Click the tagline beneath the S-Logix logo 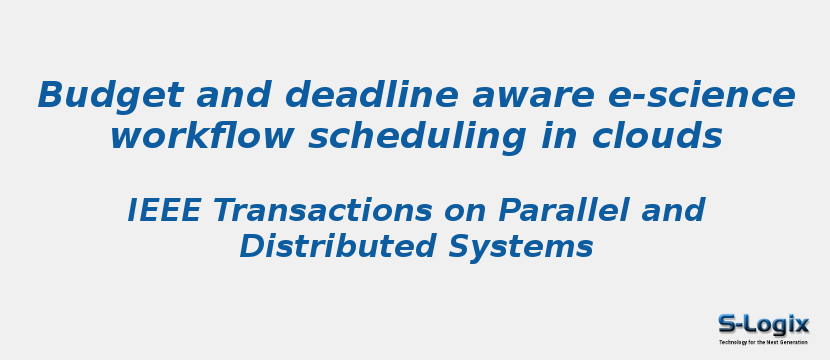[x=763, y=342]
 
